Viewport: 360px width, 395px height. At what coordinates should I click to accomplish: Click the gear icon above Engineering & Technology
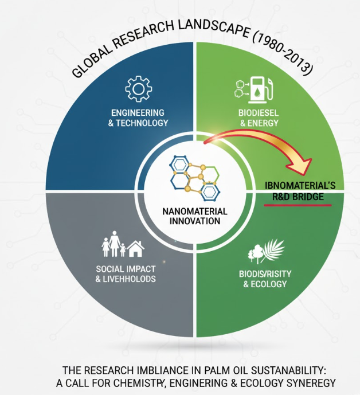pyautogui.click(x=138, y=89)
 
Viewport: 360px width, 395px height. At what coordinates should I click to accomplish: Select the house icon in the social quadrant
pyautogui.click(x=136, y=248)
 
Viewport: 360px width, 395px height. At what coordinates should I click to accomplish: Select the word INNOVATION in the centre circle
pyautogui.click(x=191, y=221)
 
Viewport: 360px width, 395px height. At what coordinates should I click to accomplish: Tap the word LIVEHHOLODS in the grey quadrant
pyautogui.click(x=134, y=279)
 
